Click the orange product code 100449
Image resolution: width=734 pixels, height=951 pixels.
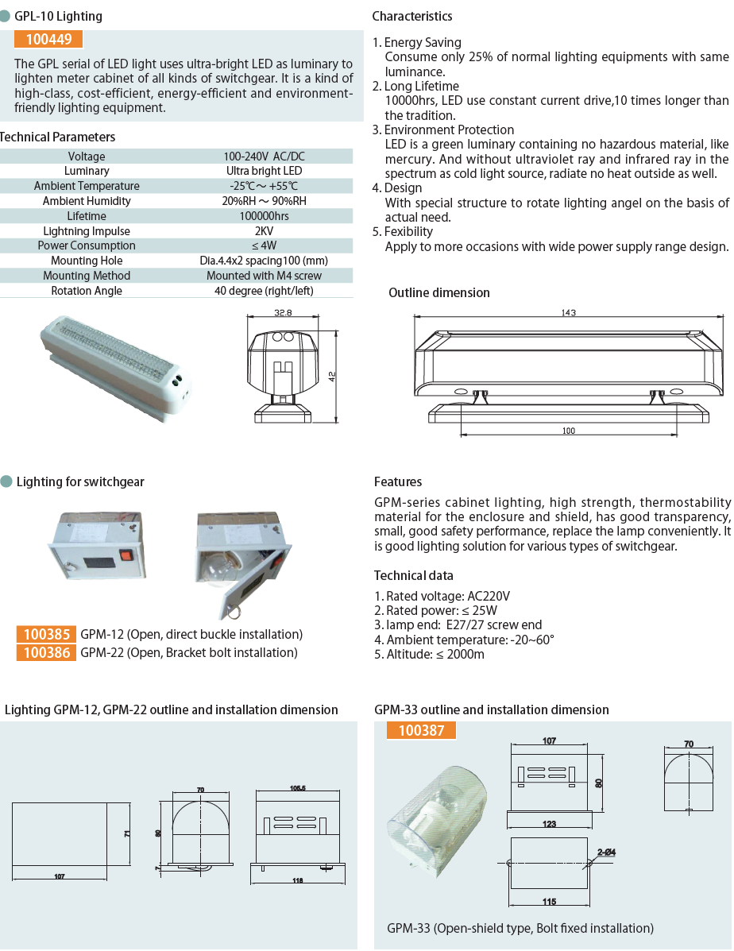tap(48, 40)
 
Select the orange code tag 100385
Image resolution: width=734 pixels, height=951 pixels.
tap(46, 634)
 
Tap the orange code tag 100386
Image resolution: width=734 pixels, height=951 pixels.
tap(46, 652)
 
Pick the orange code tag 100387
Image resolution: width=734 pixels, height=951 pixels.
tap(421, 729)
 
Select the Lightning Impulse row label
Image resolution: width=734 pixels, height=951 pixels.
tap(87, 231)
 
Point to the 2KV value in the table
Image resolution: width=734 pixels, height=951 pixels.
tap(264, 231)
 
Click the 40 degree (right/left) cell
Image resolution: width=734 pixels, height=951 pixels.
tap(264, 291)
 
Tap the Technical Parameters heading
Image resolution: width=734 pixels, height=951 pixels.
tap(57, 137)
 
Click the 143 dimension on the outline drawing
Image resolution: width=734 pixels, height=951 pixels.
tap(568, 312)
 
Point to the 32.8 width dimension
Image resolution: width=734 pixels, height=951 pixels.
tap(284, 313)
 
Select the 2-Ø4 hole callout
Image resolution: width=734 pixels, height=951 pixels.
tap(607, 853)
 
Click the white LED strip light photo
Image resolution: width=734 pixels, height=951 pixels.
tap(115, 363)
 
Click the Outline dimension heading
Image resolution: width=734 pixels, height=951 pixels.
tap(438, 293)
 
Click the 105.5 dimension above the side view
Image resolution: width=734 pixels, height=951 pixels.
tap(298, 789)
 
